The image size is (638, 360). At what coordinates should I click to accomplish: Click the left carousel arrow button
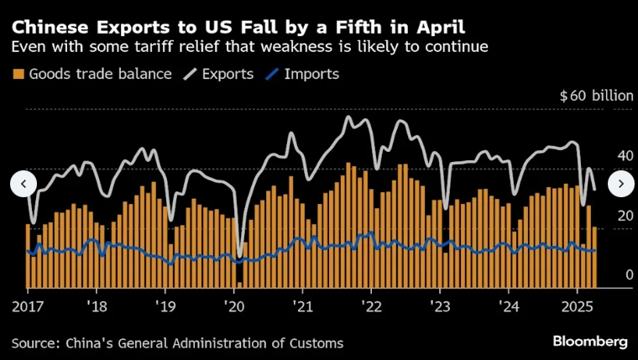point(24,183)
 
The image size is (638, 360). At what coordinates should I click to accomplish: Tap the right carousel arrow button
point(620,183)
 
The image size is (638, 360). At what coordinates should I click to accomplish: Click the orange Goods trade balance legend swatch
point(18,74)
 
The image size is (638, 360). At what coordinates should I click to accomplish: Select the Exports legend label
point(228,74)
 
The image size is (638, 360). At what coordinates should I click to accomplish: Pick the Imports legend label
point(311,74)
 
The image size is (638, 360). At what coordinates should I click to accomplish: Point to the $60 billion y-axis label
point(596,96)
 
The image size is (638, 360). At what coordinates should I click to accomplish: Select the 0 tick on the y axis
point(629,275)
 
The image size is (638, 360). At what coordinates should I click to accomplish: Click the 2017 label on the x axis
point(28,305)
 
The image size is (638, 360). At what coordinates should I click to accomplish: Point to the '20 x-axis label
point(233,305)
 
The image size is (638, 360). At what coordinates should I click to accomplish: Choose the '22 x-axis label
point(370,305)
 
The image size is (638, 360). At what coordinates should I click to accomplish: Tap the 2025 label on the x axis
point(576,305)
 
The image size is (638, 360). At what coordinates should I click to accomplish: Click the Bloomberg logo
point(590,342)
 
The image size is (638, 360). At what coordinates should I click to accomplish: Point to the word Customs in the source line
point(316,342)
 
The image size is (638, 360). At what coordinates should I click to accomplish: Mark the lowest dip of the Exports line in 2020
point(240,256)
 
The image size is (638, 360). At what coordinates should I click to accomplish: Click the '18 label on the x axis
point(97,305)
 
